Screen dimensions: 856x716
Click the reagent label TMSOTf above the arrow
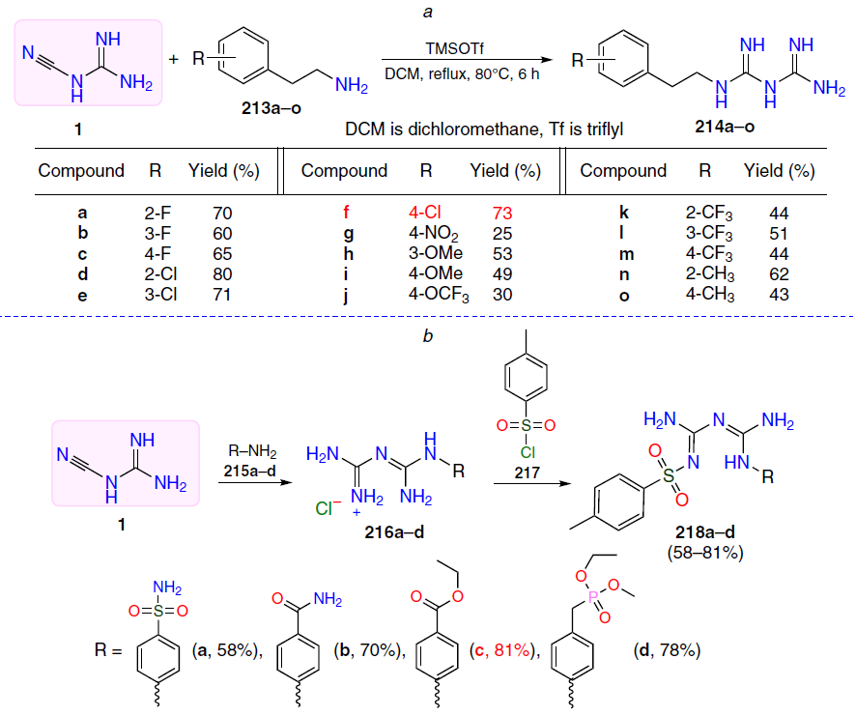click(455, 48)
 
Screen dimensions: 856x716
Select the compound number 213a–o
click(271, 108)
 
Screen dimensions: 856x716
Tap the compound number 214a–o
click(725, 127)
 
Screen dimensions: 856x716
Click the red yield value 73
click(502, 213)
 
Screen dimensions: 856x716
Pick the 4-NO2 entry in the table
click(434, 234)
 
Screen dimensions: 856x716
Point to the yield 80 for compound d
click(223, 274)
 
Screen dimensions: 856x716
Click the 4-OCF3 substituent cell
click(439, 295)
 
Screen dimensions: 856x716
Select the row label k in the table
click(624, 213)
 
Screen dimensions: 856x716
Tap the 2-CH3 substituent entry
click(710, 274)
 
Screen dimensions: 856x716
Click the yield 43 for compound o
click(779, 295)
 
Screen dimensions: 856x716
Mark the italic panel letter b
click(427, 336)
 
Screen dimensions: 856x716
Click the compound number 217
click(527, 473)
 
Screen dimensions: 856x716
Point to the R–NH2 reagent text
click(252, 451)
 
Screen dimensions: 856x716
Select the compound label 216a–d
click(394, 532)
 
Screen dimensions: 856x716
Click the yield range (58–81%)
click(704, 553)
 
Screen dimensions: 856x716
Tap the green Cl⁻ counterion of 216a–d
click(328, 508)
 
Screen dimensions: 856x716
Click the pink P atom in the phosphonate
click(593, 597)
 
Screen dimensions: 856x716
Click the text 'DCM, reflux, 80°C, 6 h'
click(462, 73)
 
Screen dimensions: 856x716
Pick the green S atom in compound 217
click(527, 425)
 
